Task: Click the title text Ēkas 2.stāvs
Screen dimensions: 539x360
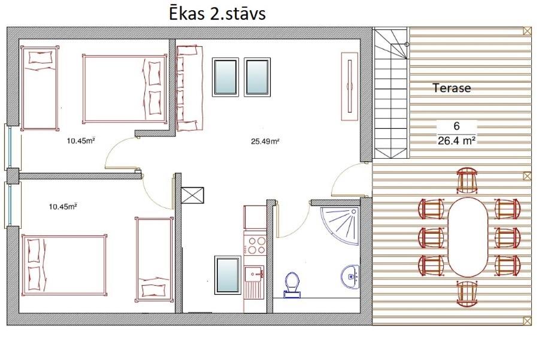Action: tap(217, 14)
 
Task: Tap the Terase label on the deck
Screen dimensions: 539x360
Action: tap(452, 88)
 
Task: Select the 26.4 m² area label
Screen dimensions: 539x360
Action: tap(456, 140)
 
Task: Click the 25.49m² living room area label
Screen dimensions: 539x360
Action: tap(265, 141)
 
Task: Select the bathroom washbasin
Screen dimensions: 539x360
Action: tap(350, 277)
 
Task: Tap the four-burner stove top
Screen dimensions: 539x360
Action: tap(255, 244)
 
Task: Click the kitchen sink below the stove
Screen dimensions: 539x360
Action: tap(255, 275)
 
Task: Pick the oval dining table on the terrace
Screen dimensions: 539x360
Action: tap(468, 237)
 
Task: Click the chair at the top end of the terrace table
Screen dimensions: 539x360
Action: tap(467, 180)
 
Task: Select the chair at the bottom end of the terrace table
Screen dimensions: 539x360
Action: tap(467, 294)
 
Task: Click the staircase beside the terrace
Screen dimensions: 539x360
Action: tap(391, 93)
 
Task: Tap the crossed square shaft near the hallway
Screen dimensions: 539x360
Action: tap(192, 195)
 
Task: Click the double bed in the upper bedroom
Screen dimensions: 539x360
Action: tap(125, 89)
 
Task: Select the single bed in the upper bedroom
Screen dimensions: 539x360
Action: tap(40, 89)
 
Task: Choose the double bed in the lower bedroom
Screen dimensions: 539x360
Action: tap(64, 265)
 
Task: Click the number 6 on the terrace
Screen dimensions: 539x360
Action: tap(456, 126)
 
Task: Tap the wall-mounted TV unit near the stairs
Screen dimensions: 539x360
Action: tap(350, 86)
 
